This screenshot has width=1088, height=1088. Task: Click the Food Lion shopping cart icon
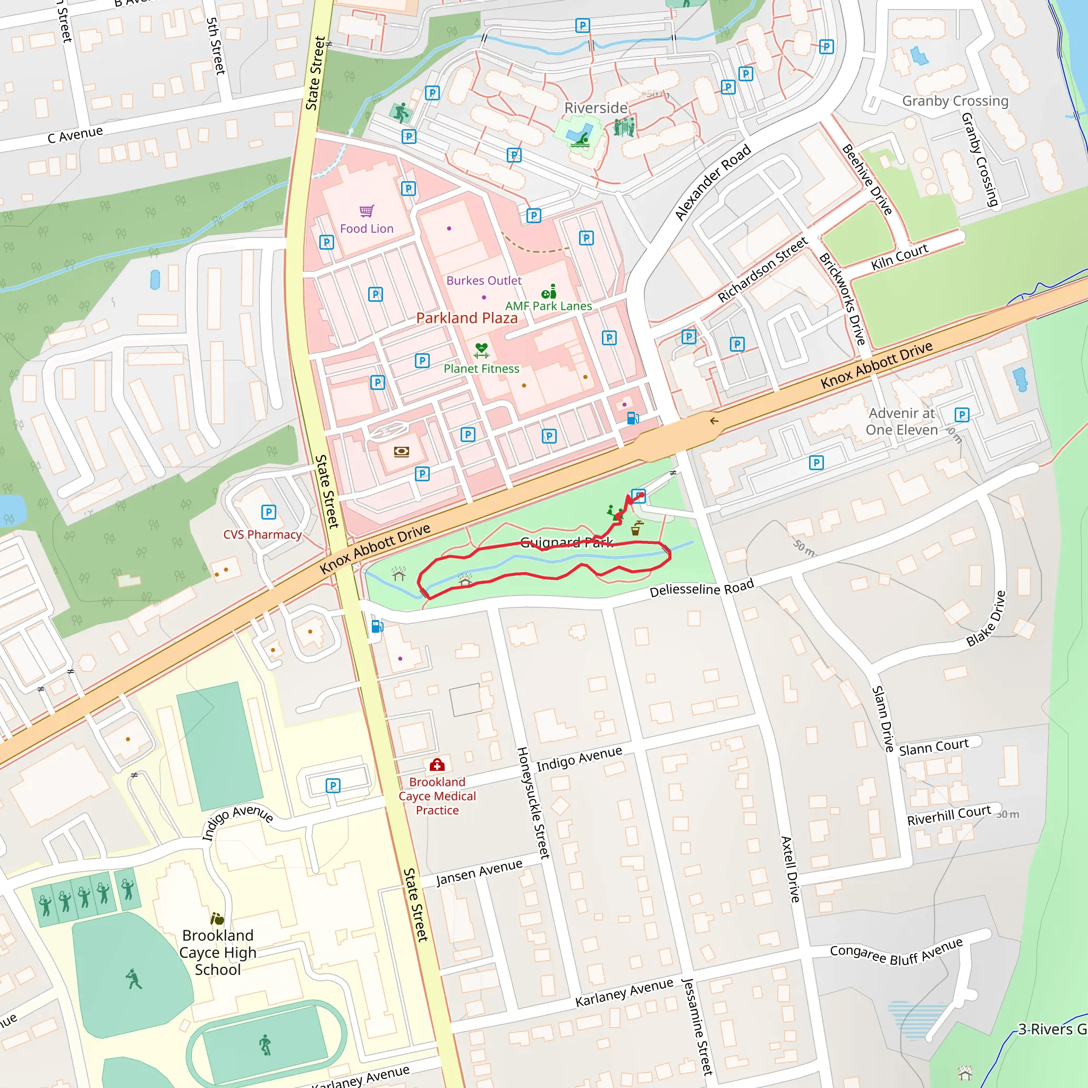tap(367, 211)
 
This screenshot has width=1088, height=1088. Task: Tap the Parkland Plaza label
tap(467, 318)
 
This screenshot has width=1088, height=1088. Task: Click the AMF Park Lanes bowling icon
tap(548, 292)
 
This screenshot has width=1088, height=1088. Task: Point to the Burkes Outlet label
tap(484, 280)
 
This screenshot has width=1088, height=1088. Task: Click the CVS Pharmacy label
tap(262, 534)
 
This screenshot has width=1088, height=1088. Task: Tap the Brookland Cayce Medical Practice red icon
tap(437, 765)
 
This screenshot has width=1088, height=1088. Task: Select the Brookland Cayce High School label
tap(218, 953)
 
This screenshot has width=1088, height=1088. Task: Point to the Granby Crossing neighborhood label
tap(955, 101)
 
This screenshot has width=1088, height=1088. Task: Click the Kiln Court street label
tap(899, 257)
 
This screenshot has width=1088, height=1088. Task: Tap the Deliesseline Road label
tap(701, 589)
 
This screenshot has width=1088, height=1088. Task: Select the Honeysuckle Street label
tap(533, 803)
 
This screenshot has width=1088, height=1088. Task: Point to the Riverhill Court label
tap(948, 815)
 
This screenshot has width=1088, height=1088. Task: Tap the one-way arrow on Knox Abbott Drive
tap(714, 421)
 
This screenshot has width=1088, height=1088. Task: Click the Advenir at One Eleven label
tap(902, 421)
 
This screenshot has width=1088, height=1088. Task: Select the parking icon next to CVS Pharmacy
tap(269, 512)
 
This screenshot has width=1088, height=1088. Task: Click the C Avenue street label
tap(75, 134)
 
